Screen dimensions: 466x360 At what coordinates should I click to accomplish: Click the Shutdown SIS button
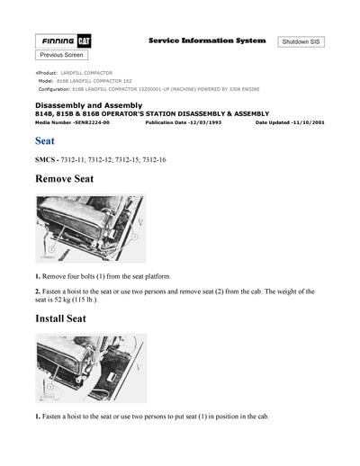coord(306,42)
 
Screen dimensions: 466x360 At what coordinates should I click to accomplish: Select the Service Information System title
coord(206,41)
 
